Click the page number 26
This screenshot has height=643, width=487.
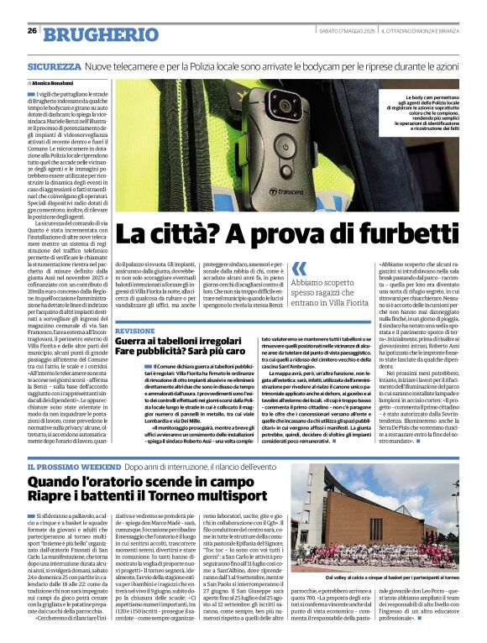32,30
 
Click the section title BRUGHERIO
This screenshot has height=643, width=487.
88,34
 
